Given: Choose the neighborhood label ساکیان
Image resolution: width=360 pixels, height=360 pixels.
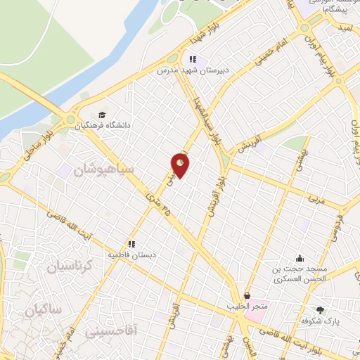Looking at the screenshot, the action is click(x=42, y=309).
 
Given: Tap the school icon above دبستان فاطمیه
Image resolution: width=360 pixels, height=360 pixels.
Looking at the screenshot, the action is click(x=131, y=243).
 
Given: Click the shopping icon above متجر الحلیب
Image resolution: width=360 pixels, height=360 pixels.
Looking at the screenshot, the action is click(x=247, y=296).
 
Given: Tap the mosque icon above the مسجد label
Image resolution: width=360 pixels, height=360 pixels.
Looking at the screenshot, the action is click(x=300, y=258).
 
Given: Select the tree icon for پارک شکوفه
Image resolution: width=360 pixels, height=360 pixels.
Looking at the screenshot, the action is click(x=321, y=309).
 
